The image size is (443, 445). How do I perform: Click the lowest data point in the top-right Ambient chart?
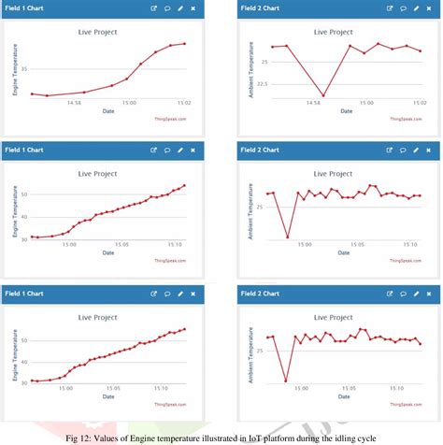coord(323,95)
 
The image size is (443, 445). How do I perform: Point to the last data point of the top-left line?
coord(185,43)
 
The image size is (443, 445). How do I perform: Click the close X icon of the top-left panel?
coord(193,7)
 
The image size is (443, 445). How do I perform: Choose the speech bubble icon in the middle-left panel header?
coord(167,150)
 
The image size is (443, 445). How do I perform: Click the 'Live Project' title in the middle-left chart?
coord(100,173)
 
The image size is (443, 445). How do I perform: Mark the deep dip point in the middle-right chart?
coord(287,237)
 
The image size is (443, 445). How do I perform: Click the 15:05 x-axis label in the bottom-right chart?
coord(355,387)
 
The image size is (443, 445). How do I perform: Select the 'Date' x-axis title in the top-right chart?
coord(346,111)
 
